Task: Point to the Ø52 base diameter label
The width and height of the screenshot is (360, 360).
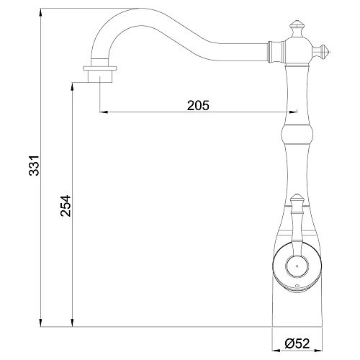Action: [x=296, y=343]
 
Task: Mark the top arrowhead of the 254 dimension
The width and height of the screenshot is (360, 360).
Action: [x=74, y=85]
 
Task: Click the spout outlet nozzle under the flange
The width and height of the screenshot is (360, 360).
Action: [x=101, y=78]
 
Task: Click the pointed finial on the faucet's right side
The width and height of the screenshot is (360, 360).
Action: [x=326, y=51]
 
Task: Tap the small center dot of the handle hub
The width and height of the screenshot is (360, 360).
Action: [x=294, y=265]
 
